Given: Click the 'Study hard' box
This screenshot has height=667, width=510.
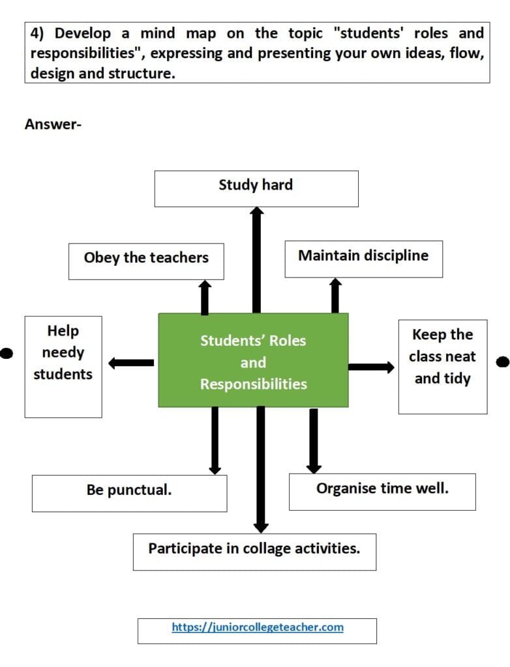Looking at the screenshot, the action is click(256, 189).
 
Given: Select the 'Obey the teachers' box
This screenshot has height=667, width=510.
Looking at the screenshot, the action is click(146, 261).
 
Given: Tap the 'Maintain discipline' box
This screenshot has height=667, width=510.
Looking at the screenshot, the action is click(363, 259).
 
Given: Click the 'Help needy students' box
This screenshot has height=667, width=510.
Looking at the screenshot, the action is click(63, 367).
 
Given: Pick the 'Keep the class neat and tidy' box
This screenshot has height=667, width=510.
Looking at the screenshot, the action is click(443, 367).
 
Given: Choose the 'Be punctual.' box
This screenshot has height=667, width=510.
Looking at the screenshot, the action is click(130, 494).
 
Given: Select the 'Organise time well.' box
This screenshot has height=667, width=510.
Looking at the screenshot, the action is click(382, 492).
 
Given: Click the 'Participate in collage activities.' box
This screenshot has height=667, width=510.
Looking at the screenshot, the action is click(254, 552).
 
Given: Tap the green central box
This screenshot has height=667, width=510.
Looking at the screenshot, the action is click(253, 360).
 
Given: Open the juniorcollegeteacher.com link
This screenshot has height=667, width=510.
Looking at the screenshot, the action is click(258, 627).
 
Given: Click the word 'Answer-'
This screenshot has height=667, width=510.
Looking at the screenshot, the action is click(53, 124).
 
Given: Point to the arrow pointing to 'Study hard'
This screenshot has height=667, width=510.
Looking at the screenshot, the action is click(256, 260).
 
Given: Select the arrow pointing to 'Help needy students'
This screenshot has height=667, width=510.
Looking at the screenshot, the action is click(131, 363).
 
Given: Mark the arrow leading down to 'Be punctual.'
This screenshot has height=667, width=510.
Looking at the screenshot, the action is click(215, 441).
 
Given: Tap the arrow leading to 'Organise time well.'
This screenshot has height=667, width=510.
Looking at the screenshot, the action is click(314, 441).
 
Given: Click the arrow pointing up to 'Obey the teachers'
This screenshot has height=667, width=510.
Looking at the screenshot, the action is click(205, 297).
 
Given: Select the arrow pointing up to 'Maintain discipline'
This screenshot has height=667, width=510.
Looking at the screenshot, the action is click(335, 296).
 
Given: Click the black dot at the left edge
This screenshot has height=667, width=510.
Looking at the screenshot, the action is click(6, 353).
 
